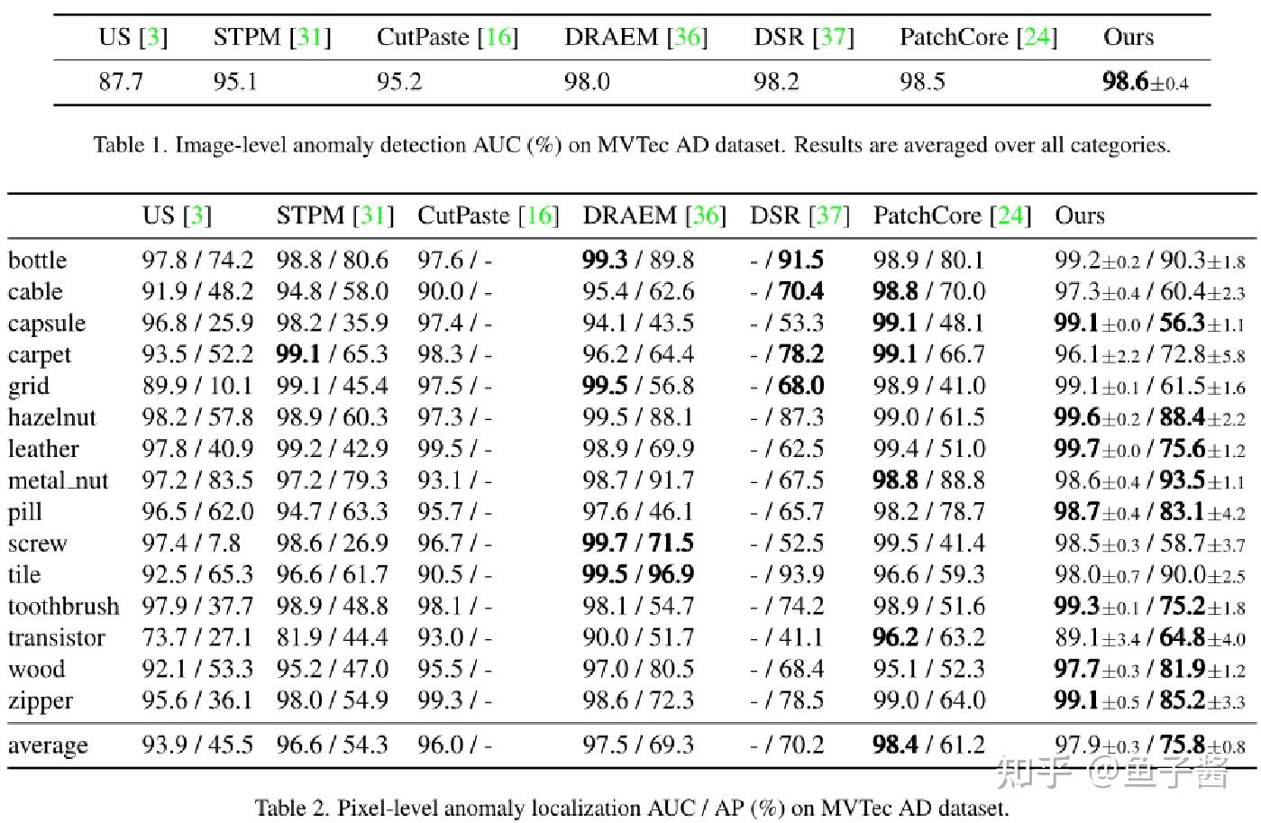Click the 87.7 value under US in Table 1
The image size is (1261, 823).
coord(121,82)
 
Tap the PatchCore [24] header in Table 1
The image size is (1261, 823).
coord(978,37)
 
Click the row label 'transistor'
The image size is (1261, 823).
coord(57,638)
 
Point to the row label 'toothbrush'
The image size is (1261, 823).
coord(63,607)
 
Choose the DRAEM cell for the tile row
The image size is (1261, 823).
coord(638,575)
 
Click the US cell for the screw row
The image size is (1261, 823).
coord(191,544)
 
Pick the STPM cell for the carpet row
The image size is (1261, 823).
coord(332,354)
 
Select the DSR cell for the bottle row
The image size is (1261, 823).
coord(787,261)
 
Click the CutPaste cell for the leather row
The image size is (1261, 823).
coord(453,449)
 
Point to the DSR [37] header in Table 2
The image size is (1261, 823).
coord(800,215)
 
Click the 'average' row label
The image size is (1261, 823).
coord(48,745)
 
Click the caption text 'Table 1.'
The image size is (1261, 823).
coord(131,145)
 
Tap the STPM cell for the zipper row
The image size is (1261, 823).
coord(332,700)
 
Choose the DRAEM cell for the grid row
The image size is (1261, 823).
coord(638,386)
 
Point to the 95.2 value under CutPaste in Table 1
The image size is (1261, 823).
coord(399,82)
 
